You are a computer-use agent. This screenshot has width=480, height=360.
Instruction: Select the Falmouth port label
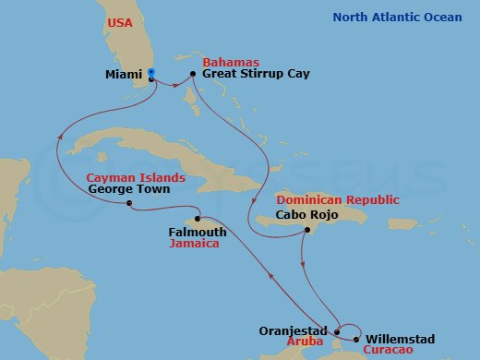pos(198,233)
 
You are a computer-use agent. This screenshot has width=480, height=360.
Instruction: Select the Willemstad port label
pos(400,339)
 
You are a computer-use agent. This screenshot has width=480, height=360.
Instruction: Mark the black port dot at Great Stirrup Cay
pos(192,74)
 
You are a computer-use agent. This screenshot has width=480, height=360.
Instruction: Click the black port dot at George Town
pos(129,203)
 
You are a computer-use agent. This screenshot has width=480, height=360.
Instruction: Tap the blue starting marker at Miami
pos(151,73)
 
